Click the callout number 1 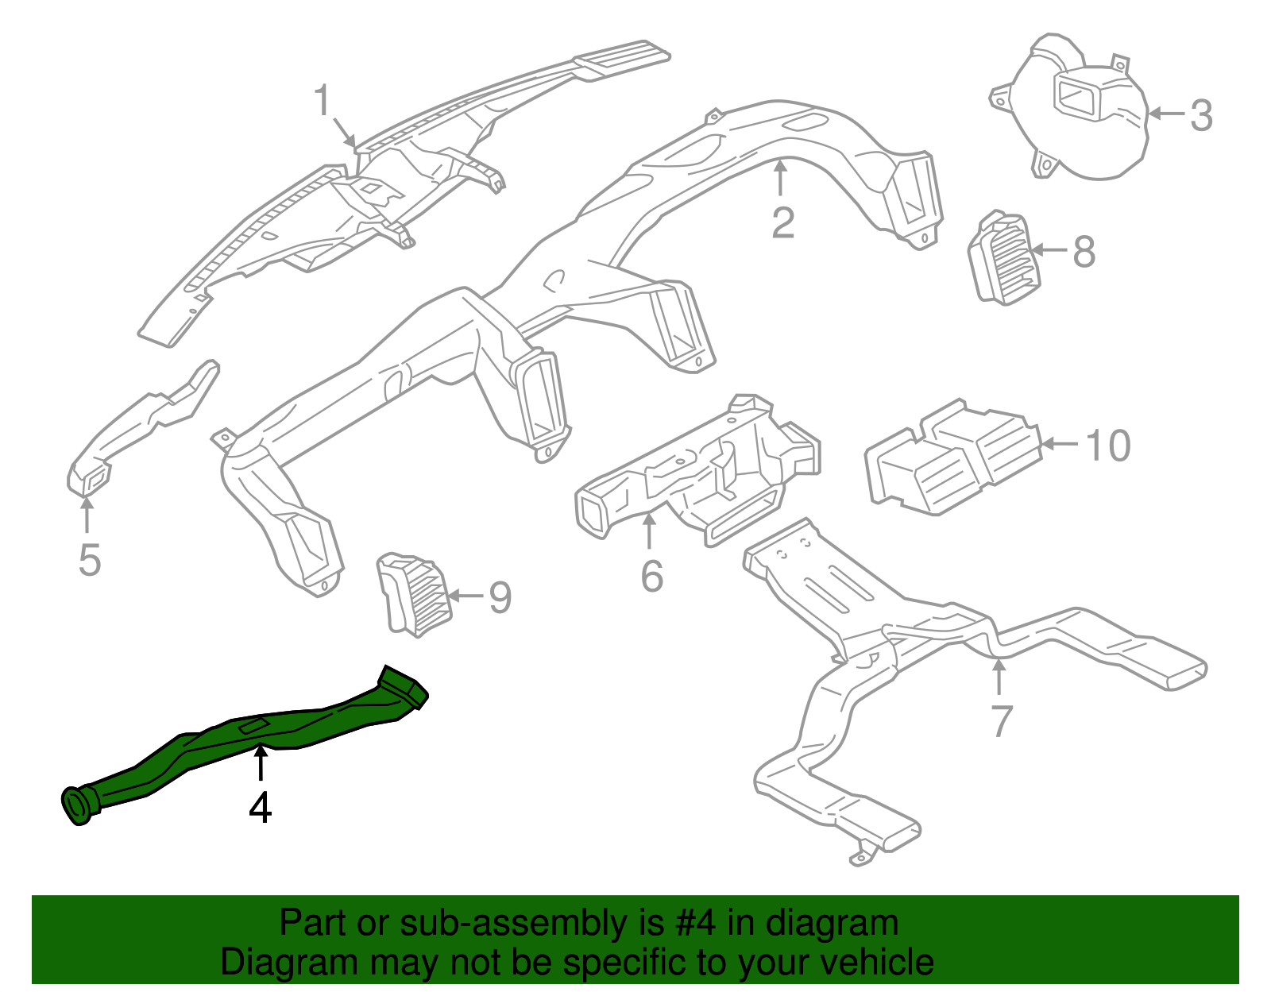[x=322, y=101]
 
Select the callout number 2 [x=782, y=223]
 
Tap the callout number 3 [x=1201, y=116]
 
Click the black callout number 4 [x=261, y=809]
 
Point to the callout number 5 [x=90, y=560]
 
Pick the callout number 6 [x=651, y=576]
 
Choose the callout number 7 [x=1002, y=721]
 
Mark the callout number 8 [x=1084, y=252]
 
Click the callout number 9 [x=500, y=597]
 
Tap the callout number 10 [x=1107, y=446]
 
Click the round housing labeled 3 [x=1080, y=111]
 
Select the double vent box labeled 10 [x=953, y=457]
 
